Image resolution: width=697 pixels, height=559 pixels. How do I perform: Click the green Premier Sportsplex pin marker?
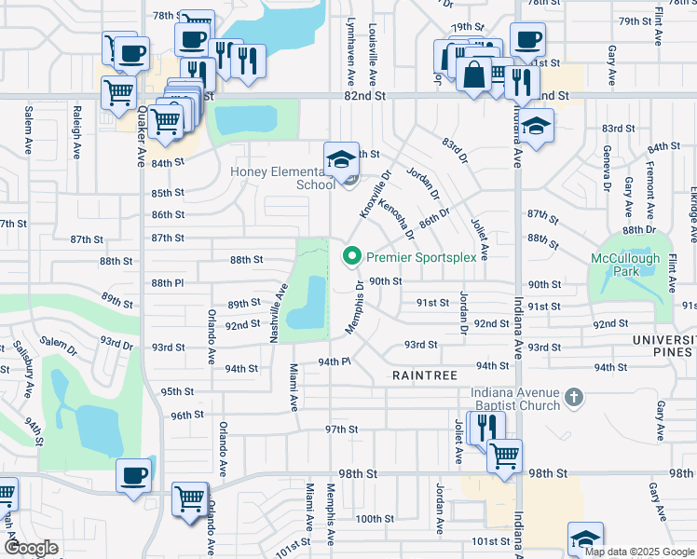click(352, 255)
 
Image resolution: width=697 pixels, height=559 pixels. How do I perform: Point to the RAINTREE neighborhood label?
click(424, 375)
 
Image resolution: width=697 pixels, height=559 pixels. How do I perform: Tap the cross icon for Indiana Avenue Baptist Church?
click(574, 398)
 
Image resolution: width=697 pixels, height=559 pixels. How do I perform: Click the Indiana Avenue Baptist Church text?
click(516, 398)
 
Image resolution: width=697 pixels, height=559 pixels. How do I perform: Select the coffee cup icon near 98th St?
click(132, 474)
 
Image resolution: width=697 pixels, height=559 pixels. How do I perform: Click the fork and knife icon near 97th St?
click(485, 428)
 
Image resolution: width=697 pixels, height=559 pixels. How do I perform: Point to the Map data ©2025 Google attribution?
click(638, 552)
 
